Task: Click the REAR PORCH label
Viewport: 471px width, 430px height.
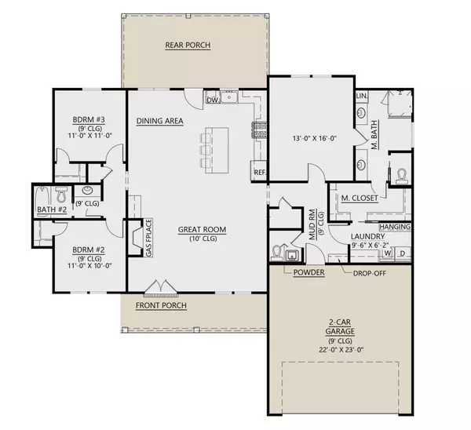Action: [x=188, y=45]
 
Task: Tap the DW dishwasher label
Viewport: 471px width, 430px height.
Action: [x=213, y=100]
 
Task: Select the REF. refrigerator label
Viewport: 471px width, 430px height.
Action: [x=260, y=173]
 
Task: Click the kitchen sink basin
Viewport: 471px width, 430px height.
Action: [x=229, y=97]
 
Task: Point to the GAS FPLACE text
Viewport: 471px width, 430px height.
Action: [x=149, y=238]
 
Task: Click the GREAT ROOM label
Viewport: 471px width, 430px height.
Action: [x=203, y=230]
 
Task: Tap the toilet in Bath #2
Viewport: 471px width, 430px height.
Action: [x=62, y=195]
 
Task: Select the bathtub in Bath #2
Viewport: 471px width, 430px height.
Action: [x=41, y=199]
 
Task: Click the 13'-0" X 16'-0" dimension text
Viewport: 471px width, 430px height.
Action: [x=315, y=138]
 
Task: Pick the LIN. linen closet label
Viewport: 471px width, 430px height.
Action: [x=362, y=96]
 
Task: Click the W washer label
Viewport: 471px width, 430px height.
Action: [x=388, y=253]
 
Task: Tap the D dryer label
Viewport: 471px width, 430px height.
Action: [x=403, y=253]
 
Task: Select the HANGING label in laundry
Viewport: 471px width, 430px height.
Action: [x=395, y=227]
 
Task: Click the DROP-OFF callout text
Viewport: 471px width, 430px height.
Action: [x=370, y=273]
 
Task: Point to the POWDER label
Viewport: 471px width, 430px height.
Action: [x=309, y=272]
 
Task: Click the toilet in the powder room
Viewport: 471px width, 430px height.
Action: [x=276, y=253]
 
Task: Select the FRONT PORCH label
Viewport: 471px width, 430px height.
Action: [x=161, y=305]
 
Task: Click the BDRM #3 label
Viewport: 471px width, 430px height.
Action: [x=89, y=120]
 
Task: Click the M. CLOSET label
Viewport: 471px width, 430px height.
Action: [x=360, y=199]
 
